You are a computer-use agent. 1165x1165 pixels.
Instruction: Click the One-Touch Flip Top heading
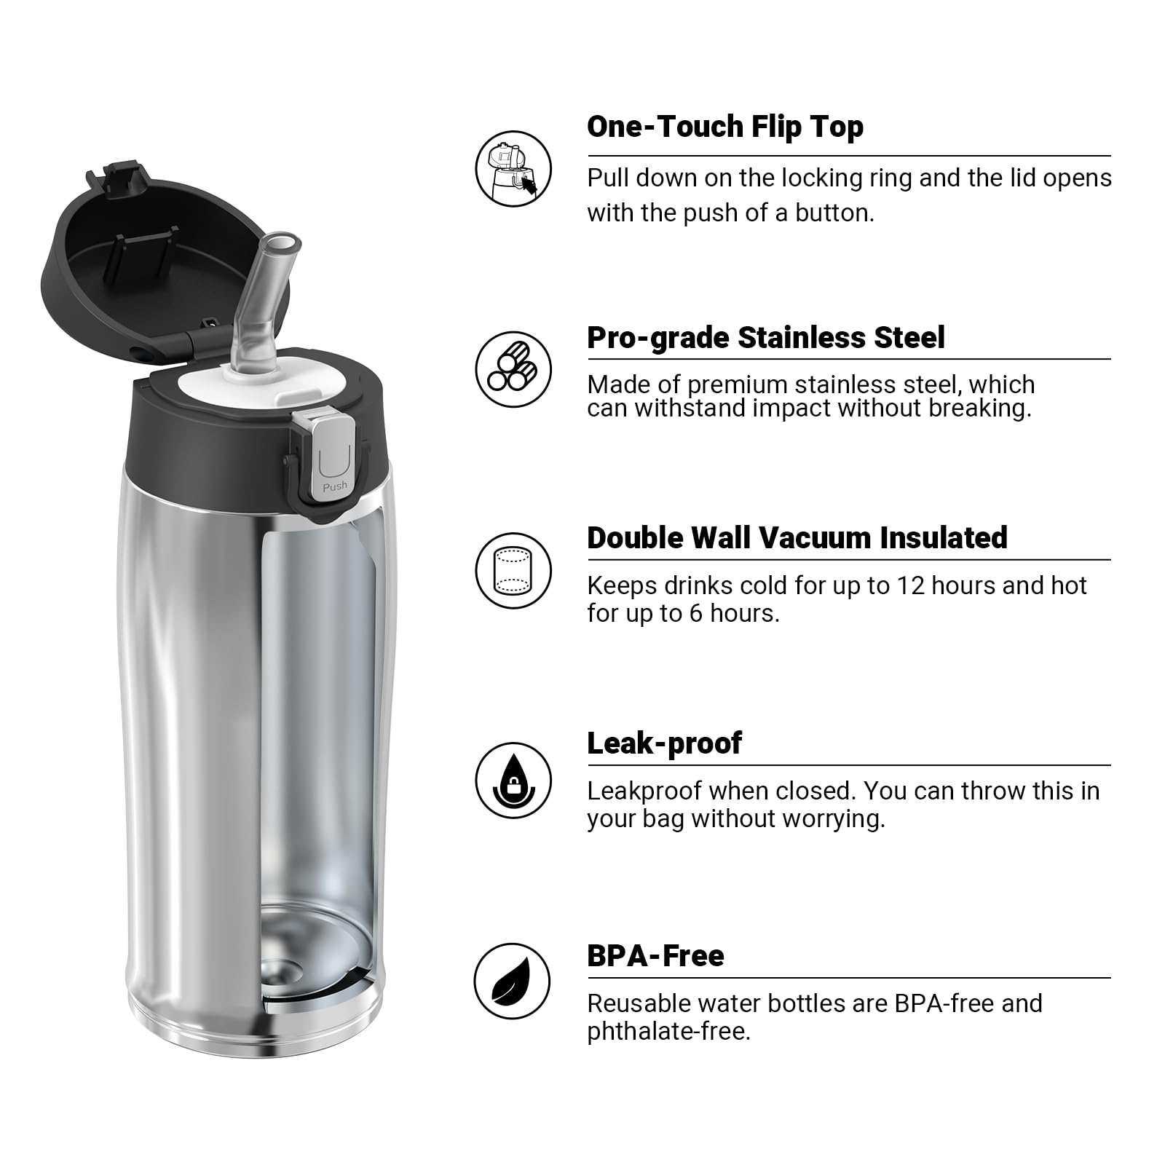(x=724, y=127)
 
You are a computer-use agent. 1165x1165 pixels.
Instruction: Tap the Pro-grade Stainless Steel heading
(x=765, y=338)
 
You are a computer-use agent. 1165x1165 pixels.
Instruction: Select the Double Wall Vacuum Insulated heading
(x=797, y=538)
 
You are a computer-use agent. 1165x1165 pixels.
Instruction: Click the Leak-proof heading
(x=664, y=743)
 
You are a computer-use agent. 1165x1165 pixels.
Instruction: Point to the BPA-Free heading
(x=655, y=956)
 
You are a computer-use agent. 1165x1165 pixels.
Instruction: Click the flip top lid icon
(x=513, y=169)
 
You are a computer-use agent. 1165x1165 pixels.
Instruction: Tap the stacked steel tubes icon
(x=513, y=369)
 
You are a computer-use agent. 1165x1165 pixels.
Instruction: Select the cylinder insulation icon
(x=513, y=570)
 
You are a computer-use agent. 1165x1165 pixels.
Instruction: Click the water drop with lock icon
(x=513, y=781)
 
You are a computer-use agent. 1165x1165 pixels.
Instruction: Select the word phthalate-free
(x=668, y=1032)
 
